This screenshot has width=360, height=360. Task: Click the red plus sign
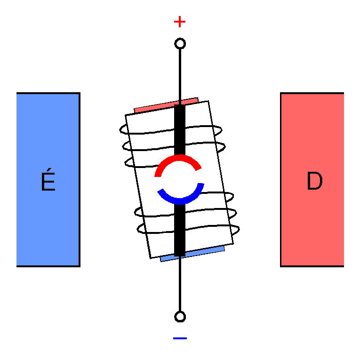click(180, 22)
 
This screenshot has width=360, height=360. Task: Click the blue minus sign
click(180, 338)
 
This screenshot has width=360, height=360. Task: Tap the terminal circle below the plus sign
click(180, 44)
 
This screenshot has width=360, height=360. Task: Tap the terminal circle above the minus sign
click(180, 316)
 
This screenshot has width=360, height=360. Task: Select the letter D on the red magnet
click(314, 182)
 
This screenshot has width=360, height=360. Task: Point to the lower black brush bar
click(180, 231)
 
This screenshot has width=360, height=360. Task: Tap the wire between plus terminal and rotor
click(180, 75)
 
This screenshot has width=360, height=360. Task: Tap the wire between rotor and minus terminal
click(180, 285)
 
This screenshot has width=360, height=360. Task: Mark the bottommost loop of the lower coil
click(141, 230)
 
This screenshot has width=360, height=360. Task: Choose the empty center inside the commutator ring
click(179, 180)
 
